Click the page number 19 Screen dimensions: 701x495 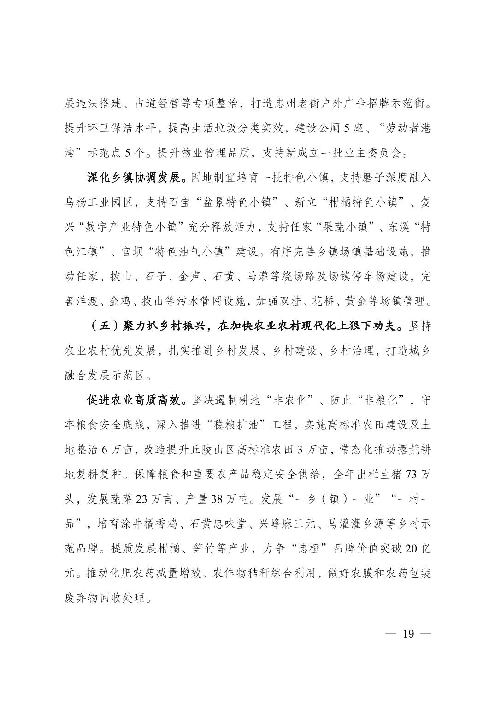(x=408, y=634)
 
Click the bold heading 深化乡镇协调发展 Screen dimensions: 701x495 (x=132, y=177)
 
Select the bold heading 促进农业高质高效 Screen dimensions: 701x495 (x=132, y=400)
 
